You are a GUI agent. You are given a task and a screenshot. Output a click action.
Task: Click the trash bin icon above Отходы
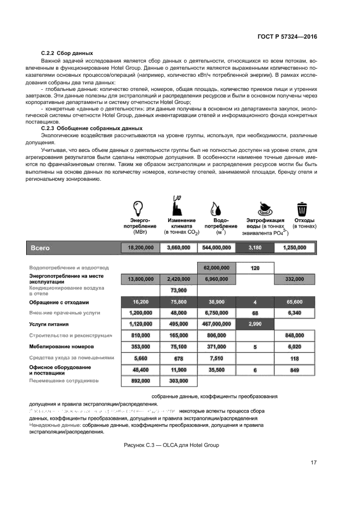pos(301,209)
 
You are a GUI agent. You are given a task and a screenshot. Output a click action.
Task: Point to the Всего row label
pos(40,247)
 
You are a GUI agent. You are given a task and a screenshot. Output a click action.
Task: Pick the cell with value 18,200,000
pos(140,247)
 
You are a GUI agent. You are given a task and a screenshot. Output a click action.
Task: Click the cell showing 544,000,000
pos(216,247)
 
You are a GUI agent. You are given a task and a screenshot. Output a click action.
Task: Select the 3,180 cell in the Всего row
pos(255,247)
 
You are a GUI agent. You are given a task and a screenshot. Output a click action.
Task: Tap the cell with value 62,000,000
pos(217,268)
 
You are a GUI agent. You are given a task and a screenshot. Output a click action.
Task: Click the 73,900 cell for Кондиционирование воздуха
pos(179,290)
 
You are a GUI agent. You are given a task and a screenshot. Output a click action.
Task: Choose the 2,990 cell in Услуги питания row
pos(255,324)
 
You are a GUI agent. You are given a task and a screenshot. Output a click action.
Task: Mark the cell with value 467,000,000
pos(217,324)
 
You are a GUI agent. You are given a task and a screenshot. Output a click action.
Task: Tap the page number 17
pos(313,463)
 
